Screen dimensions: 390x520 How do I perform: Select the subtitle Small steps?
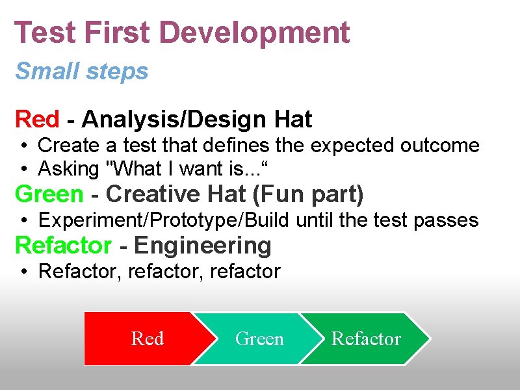click(82, 71)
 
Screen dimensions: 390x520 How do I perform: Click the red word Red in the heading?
click(37, 120)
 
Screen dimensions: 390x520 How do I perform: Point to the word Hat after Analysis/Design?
click(293, 120)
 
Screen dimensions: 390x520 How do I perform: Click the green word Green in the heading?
click(49, 194)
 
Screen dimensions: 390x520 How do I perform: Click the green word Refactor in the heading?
click(63, 246)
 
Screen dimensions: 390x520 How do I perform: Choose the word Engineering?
click(202, 246)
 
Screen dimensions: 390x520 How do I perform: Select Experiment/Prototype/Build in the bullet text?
click(164, 220)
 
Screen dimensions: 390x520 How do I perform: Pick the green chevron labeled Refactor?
click(366, 339)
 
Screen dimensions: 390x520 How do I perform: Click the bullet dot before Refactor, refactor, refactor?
click(23, 272)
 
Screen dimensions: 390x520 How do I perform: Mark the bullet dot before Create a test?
click(23, 146)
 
